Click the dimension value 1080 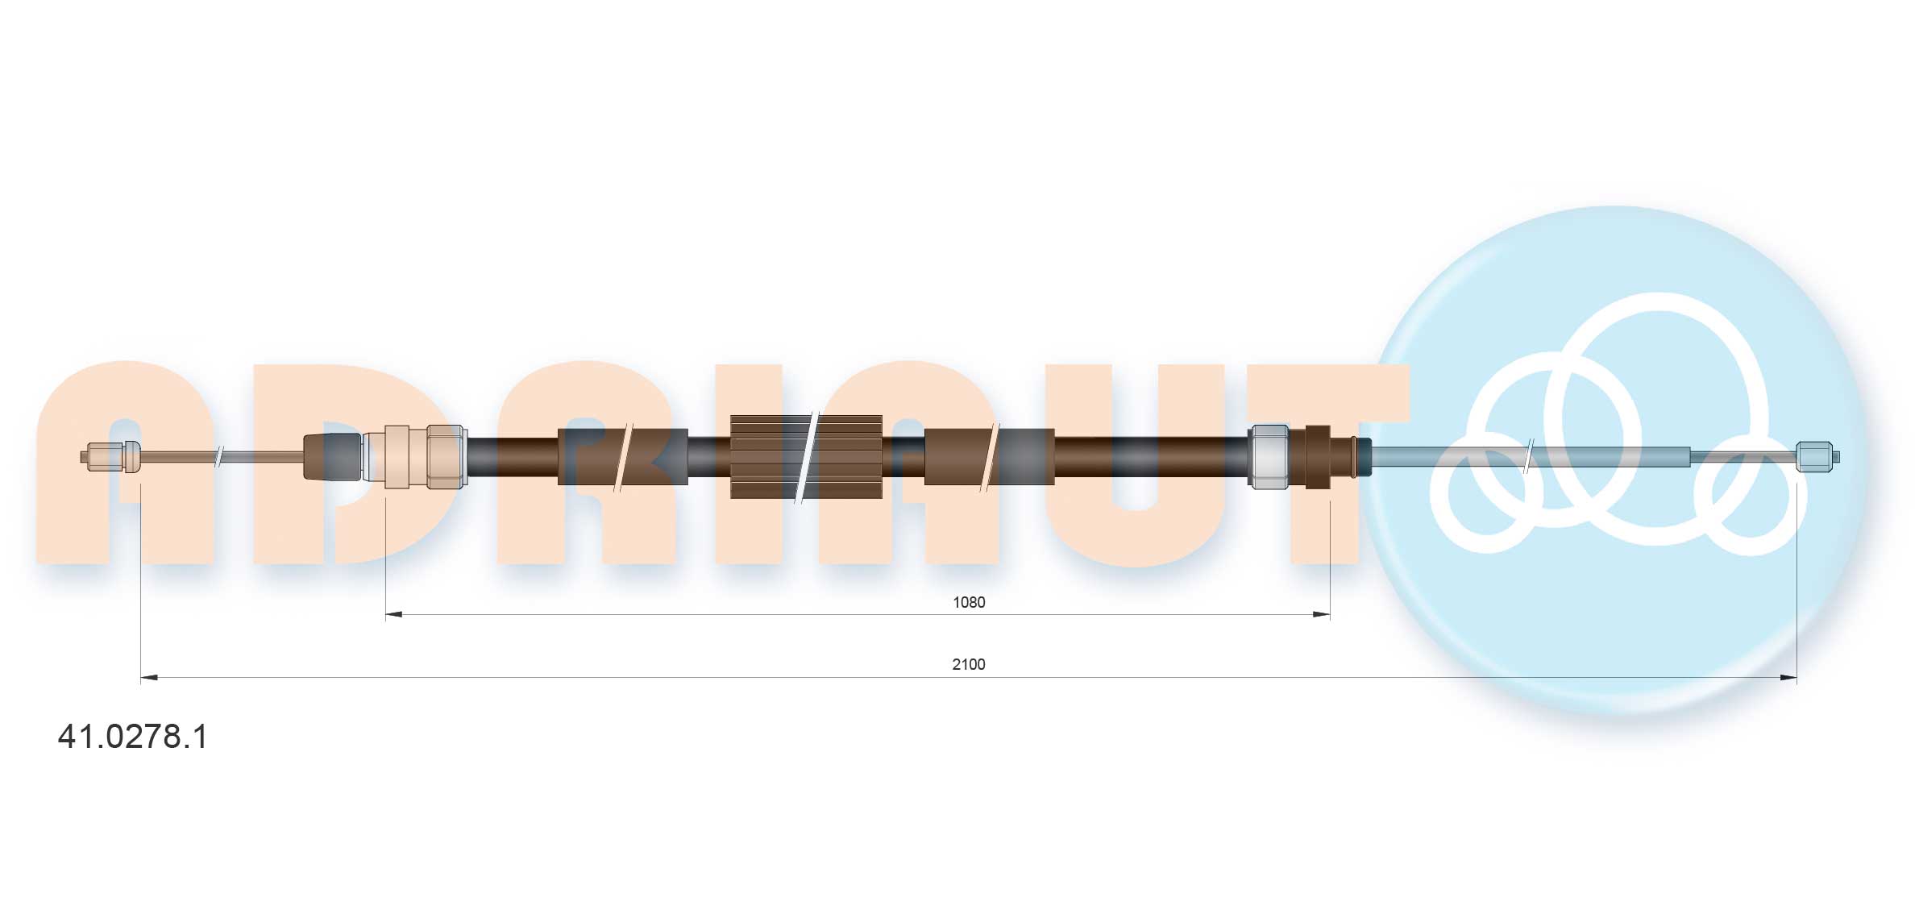[968, 602]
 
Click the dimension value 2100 [968, 664]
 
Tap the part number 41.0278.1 [133, 737]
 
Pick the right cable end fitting [1817, 457]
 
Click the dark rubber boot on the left [332, 457]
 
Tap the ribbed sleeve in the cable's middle [806, 457]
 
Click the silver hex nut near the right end [1268, 456]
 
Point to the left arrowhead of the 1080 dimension [393, 615]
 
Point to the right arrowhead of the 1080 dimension [1322, 615]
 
